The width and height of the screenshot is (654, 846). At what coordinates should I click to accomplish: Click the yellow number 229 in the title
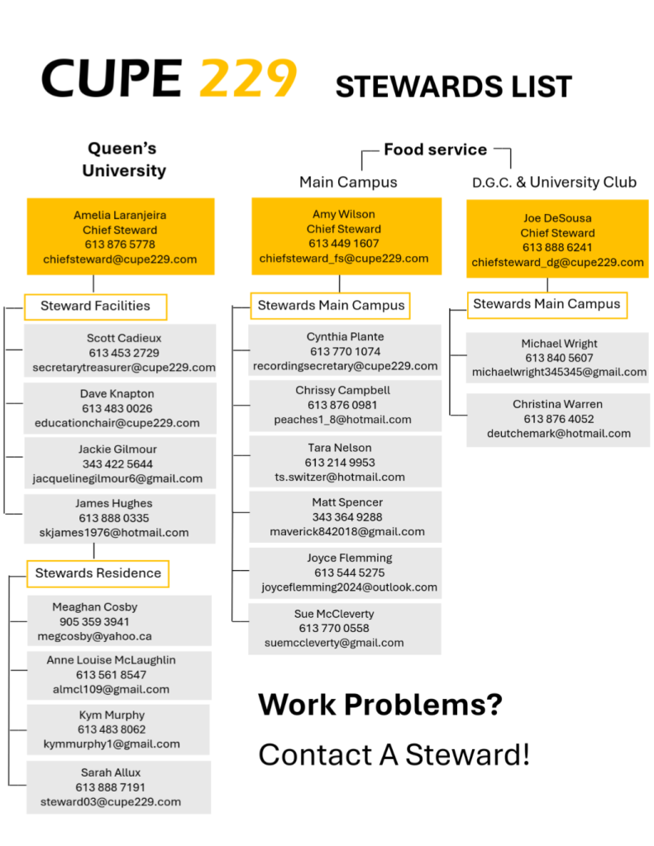[x=248, y=78]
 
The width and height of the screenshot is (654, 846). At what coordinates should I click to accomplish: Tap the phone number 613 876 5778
[x=120, y=245]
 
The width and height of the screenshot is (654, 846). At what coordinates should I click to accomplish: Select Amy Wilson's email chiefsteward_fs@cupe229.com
[x=344, y=259]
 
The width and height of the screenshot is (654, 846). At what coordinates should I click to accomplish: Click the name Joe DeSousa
[x=557, y=218]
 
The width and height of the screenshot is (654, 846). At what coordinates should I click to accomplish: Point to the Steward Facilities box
[x=96, y=307]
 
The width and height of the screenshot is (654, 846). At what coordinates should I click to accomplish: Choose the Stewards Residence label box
[x=98, y=573]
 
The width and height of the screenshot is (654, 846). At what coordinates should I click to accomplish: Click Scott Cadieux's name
[x=124, y=338]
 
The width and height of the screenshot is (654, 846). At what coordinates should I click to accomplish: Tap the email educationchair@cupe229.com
[x=117, y=423]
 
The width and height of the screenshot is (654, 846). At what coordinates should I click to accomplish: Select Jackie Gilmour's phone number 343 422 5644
[x=117, y=464]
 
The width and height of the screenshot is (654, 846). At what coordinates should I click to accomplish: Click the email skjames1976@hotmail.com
[x=114, y=533]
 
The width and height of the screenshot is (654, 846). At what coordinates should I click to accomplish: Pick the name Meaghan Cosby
[x=95, y=607]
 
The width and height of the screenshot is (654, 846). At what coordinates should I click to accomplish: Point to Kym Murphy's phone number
[x=112, y=730]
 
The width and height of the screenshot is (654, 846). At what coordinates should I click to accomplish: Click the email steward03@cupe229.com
[x=111, y=801]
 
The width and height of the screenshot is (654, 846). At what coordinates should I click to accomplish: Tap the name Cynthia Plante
[x=345, y=337]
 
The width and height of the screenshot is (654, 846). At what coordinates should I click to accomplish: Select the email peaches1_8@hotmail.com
[x=342, y=420]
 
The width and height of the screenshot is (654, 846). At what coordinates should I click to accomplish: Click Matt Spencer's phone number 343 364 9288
[x=347, y=517]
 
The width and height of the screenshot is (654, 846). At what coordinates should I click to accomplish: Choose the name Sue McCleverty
[x=334, y=614]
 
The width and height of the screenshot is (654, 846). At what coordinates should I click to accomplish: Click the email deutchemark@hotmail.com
[x=559, y=433]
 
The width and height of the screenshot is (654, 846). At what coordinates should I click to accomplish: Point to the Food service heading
[x=435, y=150]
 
